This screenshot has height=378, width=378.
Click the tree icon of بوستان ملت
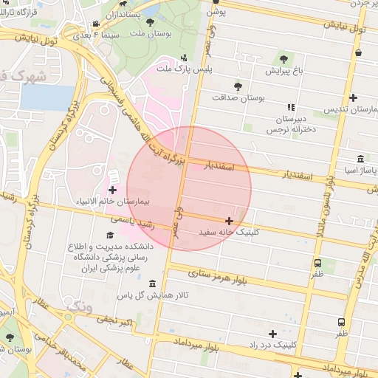pos(150,23)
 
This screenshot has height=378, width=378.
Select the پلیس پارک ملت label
pos(183,69)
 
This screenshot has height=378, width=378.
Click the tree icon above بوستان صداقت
pos(237,86)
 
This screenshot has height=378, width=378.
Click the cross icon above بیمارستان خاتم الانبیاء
pos(112,190)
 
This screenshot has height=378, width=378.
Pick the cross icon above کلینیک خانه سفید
pos(229,221)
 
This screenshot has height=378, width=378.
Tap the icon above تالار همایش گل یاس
pos(153,284)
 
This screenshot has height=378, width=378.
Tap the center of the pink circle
pos(189,188)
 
